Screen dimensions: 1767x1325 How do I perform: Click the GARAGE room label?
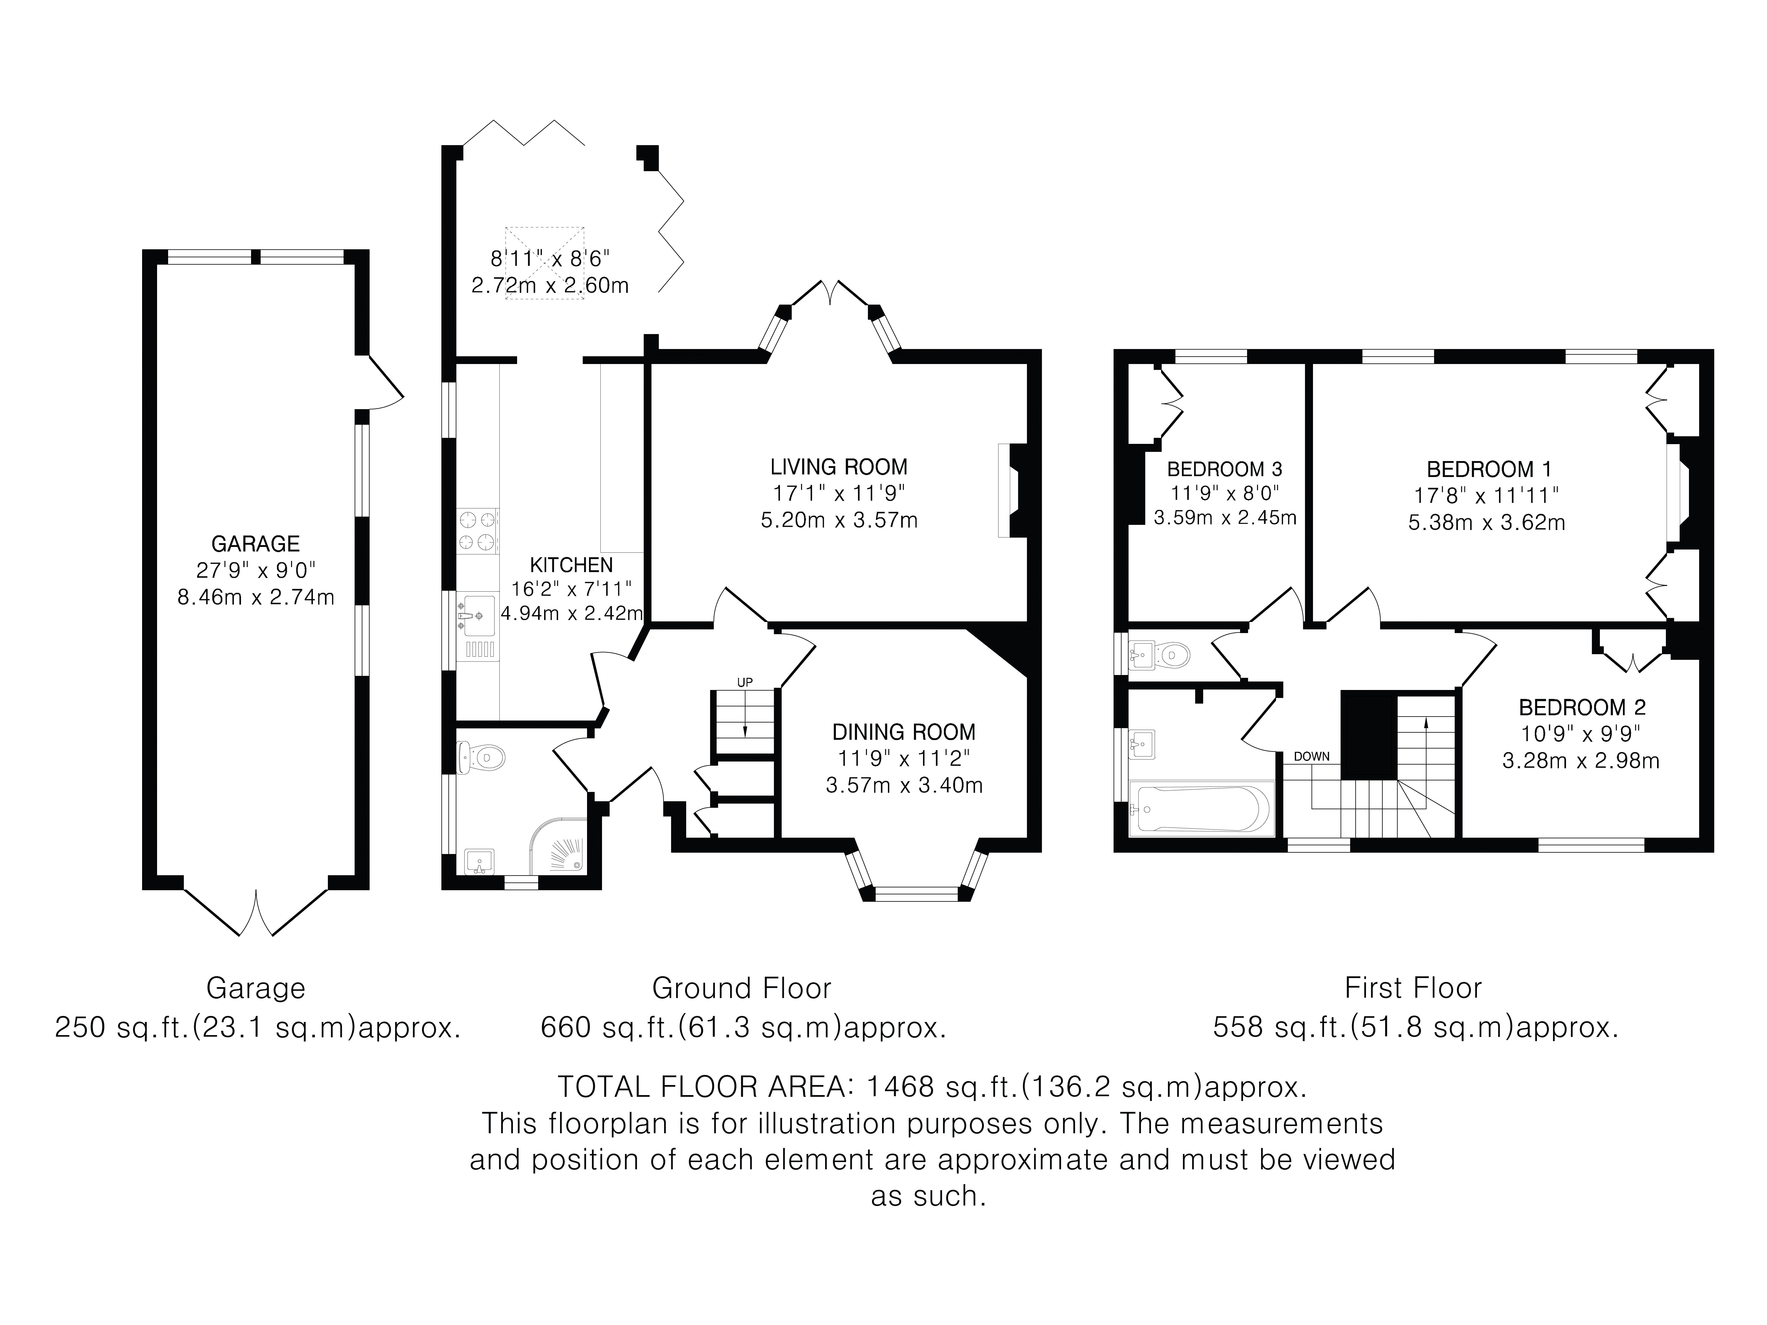256,544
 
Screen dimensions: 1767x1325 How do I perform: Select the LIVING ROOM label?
839,466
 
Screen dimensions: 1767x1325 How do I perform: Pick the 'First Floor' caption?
1413,988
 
